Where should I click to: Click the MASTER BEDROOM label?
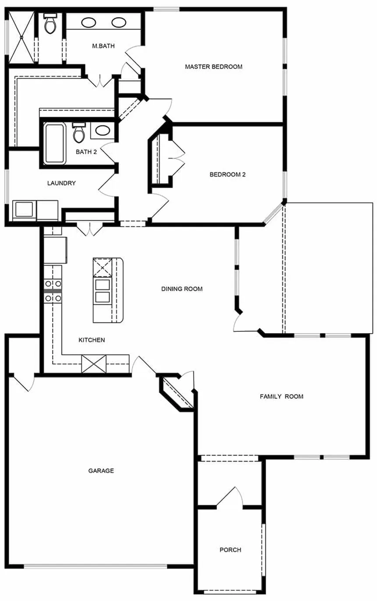(213, 67)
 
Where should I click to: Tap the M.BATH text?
(103, 46)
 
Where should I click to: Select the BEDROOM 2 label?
(227, 174)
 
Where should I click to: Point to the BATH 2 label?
(86, 152)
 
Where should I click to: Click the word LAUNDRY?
(61, 183)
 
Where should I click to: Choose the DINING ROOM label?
(181, 289)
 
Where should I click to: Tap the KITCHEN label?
(91, 340)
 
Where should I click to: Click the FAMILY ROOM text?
(281, 396)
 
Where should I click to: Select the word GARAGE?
(101, 471)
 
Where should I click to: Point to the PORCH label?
(230, 550)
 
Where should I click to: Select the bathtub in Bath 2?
(55, 144)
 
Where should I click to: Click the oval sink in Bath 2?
(103, 131)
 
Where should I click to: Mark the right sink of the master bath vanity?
(119, 23)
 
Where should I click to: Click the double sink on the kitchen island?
(102, 291)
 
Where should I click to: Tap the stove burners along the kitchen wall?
(53, 291)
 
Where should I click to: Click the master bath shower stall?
(21, 38)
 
